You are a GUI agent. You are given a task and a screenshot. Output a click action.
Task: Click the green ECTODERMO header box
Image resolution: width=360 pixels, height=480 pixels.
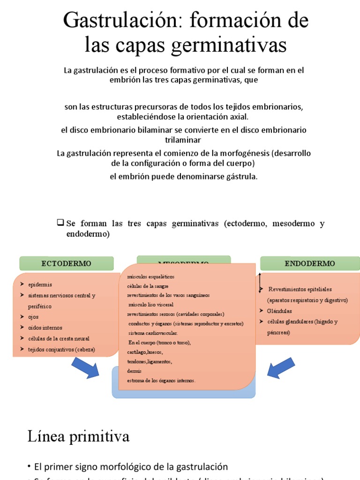67,263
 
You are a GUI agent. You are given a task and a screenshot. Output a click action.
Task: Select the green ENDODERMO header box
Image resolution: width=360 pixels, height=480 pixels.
310,263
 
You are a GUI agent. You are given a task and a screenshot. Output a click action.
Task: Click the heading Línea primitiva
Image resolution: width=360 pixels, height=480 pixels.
78,437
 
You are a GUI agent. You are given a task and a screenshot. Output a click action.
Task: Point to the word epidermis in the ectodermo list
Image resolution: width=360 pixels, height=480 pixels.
40,285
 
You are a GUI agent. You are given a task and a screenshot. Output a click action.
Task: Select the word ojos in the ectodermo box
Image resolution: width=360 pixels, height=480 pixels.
33,317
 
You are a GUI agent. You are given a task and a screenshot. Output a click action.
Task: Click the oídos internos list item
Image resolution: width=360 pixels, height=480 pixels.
45,328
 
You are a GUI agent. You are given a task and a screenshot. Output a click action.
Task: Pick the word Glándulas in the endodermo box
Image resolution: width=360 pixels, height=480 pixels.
279,311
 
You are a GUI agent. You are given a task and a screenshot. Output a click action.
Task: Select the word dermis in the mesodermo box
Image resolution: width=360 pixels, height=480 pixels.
134,371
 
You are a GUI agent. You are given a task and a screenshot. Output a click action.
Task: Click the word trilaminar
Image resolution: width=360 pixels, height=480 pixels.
183,140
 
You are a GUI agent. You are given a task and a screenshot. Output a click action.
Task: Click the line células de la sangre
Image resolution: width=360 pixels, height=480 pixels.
148,286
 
